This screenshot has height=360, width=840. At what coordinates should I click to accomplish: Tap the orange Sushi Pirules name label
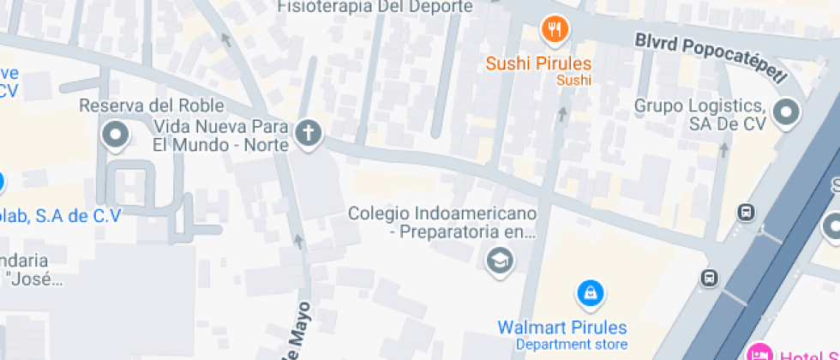pos(538,63)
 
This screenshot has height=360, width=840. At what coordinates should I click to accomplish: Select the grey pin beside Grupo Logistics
pos(785,112)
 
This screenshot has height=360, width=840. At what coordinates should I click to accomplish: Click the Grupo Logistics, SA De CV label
pos(699,114)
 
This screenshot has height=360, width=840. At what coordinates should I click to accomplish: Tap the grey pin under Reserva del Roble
pos(115,135)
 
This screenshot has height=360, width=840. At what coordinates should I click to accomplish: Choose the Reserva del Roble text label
pos(152,105)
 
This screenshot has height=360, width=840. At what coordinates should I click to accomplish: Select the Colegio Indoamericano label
pos(442,221)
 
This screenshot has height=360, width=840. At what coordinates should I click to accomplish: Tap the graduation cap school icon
pos(499,259)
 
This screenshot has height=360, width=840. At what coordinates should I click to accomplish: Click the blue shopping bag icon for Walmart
pos(590,294)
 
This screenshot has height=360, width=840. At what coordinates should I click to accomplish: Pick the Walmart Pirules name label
pos(562,327)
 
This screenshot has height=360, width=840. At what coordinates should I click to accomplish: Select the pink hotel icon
pos(759,352)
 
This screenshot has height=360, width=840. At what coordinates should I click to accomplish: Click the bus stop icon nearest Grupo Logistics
pos(747,212)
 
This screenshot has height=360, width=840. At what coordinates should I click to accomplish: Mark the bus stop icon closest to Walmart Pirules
pos(710,277)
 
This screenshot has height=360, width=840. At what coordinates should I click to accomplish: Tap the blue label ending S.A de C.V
pos(60,216)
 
